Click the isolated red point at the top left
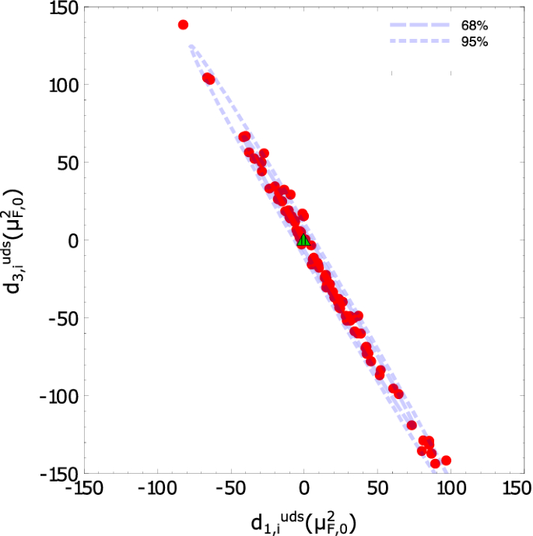(x=184, y=25)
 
